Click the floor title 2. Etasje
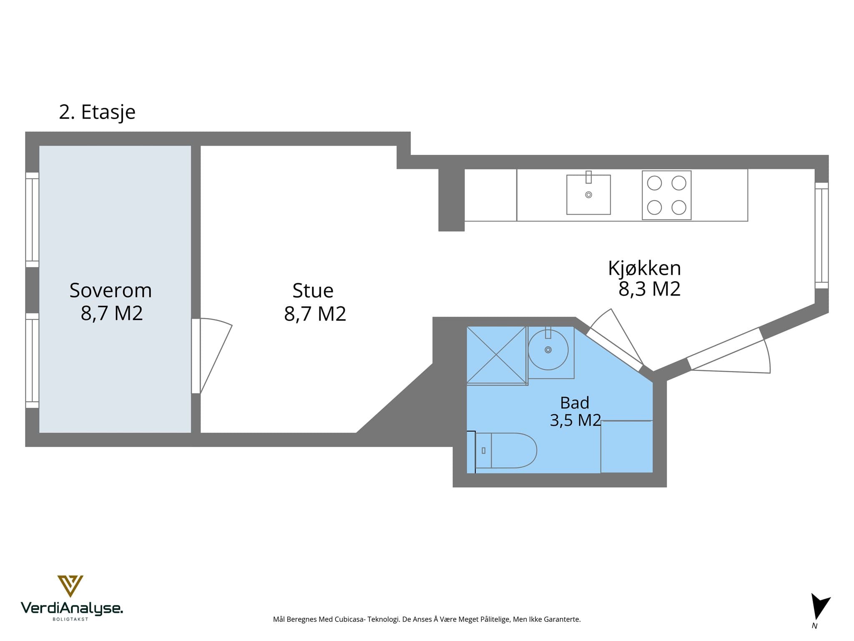click(97, 112)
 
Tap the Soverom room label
click(111, 290)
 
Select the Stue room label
click(313, 291)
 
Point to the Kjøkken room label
click(644, 268)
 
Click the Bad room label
click(575, 403)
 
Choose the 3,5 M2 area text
click(575, 420)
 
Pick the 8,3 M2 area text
click(649, 289)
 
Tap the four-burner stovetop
click(666, 195)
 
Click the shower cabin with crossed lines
click(496, 355)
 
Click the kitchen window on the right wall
click(821, 235)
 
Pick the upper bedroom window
click(32, 220)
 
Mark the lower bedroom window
click(32, 361)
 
